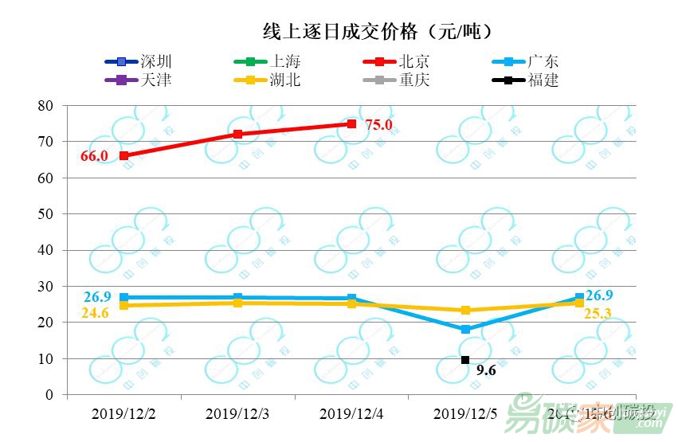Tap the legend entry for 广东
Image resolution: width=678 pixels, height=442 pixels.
click(x=543, y=61)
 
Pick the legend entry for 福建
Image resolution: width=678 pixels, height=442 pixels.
click(x=543, y=80)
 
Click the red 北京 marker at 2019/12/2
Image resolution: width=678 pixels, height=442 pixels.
click(x=124, y=155)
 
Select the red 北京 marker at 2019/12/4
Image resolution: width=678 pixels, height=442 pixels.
click(x=351, y=123)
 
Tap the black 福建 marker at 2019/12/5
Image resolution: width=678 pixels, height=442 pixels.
click(x=465, y=360)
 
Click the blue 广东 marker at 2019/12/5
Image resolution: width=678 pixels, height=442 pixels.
click(x=465, y=329)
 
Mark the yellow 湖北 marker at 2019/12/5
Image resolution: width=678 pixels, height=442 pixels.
click(x=465, y=311)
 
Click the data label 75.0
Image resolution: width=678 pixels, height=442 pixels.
click(x=378, y=124)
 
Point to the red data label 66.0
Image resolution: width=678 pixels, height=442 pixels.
click(x=94, y=156)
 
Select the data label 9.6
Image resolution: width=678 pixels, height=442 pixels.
click(x=487, y=370)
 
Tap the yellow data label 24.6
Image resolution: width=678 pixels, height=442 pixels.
click(x=95, y=314)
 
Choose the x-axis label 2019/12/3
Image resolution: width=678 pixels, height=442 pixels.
click(x=237, y=413)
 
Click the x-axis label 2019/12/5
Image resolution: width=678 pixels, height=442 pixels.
click(x=464, y=413)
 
